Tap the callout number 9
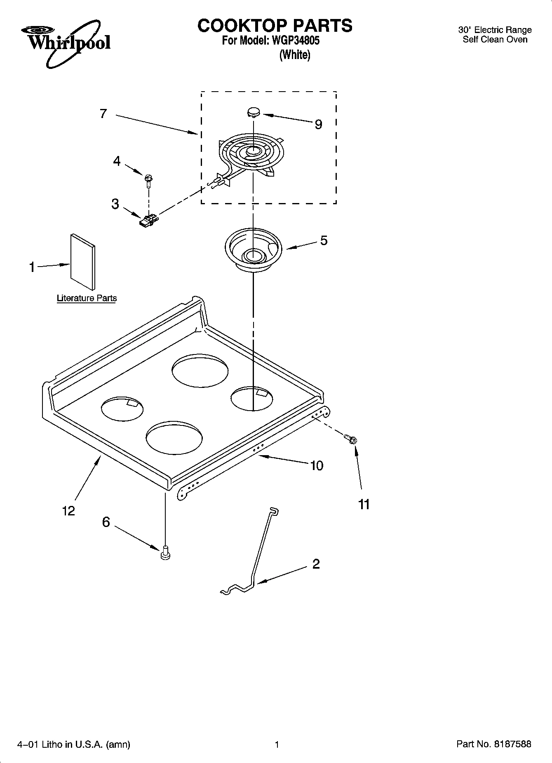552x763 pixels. pos(318,124)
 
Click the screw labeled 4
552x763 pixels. pos(148,180)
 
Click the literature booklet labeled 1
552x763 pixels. pos(82,262)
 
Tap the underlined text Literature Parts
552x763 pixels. pos(87,298)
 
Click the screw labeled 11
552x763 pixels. pos(351,439)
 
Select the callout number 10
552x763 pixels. pos(317,465)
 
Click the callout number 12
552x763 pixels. pos(68,511)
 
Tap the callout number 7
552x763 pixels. pos(103,113)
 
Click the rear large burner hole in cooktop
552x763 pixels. pos(200,370)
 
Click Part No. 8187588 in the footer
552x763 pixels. pos(494,744)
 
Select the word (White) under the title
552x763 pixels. pos(295,54)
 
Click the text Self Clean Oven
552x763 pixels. pos(495,40)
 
